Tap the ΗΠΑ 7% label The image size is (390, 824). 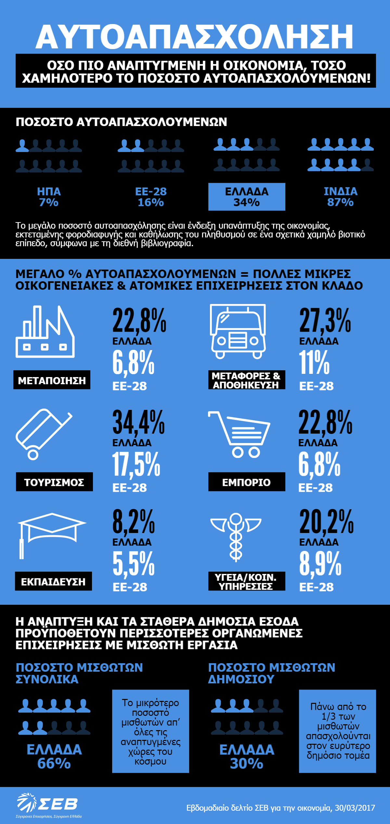pos(49,197)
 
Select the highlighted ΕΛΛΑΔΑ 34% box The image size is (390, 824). pos(247,197)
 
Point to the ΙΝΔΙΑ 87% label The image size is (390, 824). pos(340,197)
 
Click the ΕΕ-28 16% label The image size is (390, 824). pos(151,197)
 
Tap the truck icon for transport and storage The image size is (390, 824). pos(238,332)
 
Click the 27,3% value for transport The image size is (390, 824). pos(325,321)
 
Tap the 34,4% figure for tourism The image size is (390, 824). pos(138,422)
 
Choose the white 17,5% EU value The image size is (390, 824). pos(136,464)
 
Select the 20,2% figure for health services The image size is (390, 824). pos(326,522)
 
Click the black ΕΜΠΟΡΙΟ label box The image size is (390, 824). pos(247,482)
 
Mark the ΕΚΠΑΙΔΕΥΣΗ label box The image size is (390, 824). pos(53,581)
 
